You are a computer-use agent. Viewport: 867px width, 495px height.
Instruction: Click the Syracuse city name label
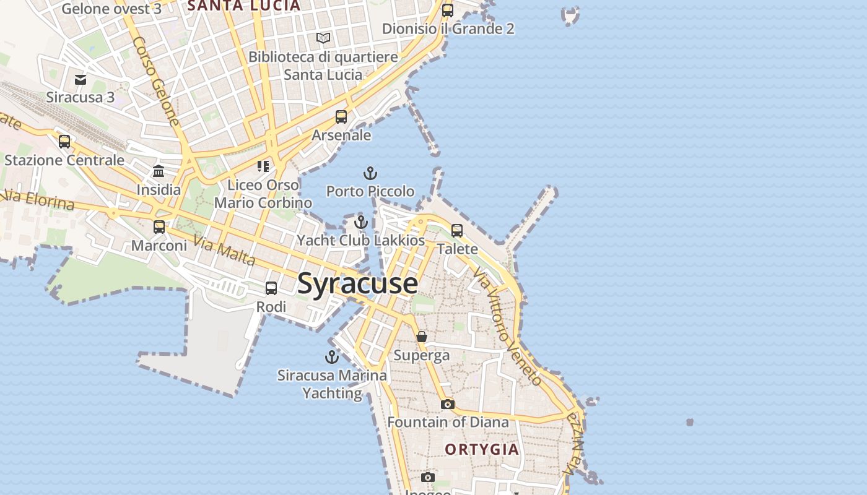click(x=357, y=283)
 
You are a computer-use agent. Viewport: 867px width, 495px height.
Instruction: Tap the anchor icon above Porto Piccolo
click(x=370, y=173)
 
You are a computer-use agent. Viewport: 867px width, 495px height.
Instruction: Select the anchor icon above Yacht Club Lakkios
click(x=361, y=222)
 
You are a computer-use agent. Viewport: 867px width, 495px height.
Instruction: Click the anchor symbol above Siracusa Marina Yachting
click(x=332, y=357)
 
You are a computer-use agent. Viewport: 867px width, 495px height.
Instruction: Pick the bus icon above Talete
click(x=457, y=231)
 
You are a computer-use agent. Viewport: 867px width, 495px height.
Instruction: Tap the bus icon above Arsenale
click(x=341, y=116)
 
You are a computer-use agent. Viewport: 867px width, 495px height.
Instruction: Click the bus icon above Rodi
click(x=271, y=288)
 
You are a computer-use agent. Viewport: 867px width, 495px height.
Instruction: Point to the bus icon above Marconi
click(x=159, y=226)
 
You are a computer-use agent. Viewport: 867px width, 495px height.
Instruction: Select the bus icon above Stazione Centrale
click(x=64, y=142)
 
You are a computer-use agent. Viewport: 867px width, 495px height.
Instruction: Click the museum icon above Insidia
click(x=159, y=171)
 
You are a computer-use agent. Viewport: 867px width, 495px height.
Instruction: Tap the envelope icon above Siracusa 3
click(x=81, y=79)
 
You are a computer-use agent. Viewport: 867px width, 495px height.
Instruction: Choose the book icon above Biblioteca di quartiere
click(x=323, y=38)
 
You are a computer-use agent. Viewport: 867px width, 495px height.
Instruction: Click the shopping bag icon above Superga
click(x=422, y=337)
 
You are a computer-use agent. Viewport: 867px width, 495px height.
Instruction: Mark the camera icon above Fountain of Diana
click(x=448, y=404)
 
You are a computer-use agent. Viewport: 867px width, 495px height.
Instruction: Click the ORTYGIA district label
click(x=482, y=449)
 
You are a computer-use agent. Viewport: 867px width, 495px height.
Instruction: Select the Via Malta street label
click(x=224, y=251)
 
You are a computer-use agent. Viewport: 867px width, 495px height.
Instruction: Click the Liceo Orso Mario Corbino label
click(x=263, y=194)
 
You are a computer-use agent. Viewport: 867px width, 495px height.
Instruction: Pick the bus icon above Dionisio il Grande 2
click(x=448, y=10)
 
